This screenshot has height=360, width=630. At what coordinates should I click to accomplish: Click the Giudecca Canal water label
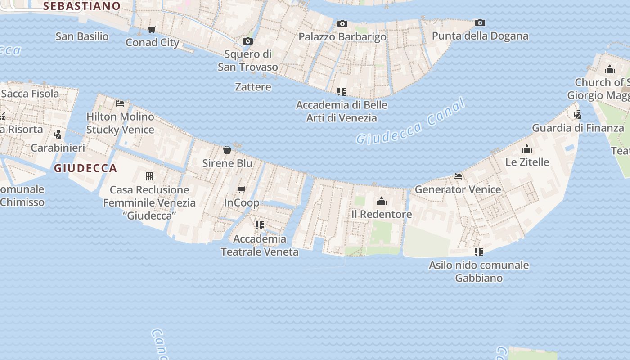(410, 122)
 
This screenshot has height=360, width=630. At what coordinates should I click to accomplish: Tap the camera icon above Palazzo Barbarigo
(342, 23)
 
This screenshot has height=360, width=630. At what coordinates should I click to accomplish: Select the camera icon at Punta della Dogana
(480, 22)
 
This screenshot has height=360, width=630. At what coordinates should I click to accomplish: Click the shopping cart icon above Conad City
(152, 30)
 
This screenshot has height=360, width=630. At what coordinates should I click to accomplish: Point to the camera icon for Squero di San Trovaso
(247, 41)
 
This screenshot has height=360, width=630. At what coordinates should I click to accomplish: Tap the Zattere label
(253, 87)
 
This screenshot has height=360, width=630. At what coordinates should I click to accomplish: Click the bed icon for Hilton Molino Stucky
(120, 103)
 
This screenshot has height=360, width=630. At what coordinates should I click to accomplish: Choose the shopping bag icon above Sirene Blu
(227, 149)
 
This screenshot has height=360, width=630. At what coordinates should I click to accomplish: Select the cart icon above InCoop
(242, 189)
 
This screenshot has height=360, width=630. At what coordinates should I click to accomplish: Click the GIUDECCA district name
(85, 168)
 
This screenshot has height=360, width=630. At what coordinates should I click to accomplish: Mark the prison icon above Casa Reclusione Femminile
(149, 176)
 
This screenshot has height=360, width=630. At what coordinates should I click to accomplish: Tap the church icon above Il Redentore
(382, 201)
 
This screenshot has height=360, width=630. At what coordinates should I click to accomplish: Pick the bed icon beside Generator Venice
(458, 176)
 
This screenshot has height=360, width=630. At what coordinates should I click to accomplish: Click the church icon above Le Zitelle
(527, 149)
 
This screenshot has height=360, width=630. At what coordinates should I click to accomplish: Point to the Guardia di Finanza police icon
(578, 114)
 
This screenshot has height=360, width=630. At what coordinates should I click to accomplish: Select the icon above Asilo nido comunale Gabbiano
(479, 252)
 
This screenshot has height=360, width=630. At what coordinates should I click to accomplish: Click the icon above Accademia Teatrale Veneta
(259, 225)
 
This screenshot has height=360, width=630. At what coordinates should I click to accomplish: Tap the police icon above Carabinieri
(58, 134)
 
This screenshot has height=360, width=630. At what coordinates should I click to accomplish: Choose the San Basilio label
(82, 36)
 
